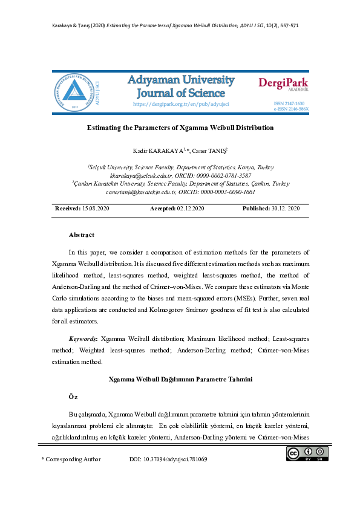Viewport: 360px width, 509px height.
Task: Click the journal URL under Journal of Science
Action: pos(179,105)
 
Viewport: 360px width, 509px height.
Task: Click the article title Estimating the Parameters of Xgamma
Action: pos(180,128)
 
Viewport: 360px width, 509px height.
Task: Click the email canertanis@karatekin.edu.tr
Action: pos(141,192)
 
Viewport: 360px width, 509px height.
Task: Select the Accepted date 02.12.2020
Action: pos(190,208)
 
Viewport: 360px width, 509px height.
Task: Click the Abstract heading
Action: pos(82,235)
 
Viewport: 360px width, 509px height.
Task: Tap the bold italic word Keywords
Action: pos(83,340)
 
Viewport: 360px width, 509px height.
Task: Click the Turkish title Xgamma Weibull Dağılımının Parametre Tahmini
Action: pos(180,379)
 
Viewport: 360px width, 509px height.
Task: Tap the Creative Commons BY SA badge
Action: pos(307,454)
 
